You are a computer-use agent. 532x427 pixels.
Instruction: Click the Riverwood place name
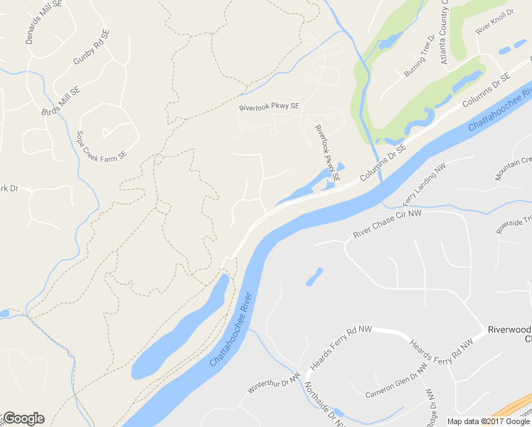(x=509, y=330)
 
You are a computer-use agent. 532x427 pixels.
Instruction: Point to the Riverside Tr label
(x=514, y=223)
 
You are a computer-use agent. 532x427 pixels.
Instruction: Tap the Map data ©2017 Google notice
(x=488, y=421)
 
